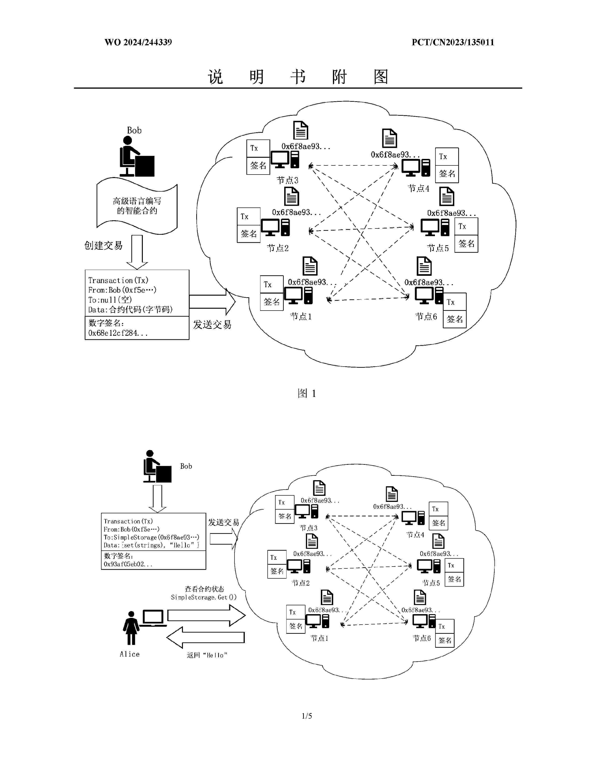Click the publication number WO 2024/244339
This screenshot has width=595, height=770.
click(138, 42)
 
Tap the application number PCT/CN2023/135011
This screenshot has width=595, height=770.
click(453, 42)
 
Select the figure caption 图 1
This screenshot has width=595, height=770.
click(307, 393)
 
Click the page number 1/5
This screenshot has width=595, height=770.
click(307, 716)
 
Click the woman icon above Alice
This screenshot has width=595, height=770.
click(131, 628)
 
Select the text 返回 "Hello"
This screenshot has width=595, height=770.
click(207, 655)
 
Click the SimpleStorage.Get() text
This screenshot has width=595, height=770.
click(204, 597)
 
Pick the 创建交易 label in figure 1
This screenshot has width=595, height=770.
click(103, 245)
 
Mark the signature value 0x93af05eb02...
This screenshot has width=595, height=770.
click(128, 564)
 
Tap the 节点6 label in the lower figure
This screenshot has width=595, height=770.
click(422, 638)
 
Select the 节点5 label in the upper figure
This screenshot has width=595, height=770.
click(438, 248)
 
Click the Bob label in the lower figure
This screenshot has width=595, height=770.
click(186, 466)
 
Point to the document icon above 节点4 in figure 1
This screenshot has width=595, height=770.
click(389, 138)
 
